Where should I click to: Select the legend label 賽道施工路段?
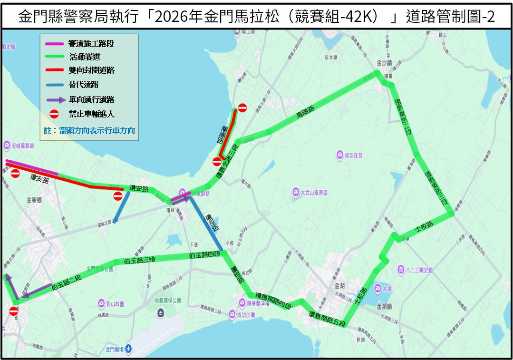[x=91, y=44]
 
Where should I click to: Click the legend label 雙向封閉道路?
[x=91, y=70]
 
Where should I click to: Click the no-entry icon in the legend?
[x=54, y=114]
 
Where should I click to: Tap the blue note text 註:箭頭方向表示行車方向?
[x=89, y=130]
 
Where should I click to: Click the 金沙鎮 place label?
[x=383, y=63]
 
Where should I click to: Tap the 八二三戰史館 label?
[x=416, y=270]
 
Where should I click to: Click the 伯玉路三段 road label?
[x=140, y=260]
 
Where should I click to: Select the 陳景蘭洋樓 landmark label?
[x=258, y=303]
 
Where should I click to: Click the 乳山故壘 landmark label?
[x=116, y=302]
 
